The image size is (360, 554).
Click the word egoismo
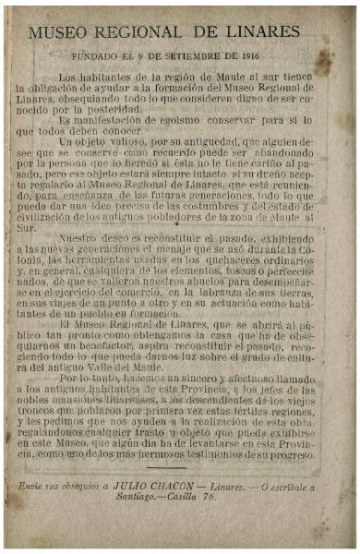click(173, 120)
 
